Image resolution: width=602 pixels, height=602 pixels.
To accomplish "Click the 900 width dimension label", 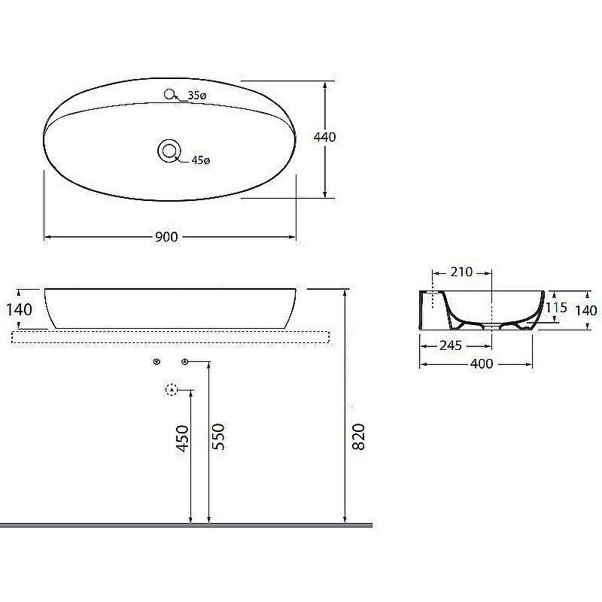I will coord(166,237).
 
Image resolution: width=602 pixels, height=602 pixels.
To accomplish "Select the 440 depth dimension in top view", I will coord(325,137).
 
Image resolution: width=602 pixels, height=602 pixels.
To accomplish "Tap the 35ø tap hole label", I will coord(197,96).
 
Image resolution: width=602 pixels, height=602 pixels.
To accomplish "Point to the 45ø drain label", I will coord(201,160).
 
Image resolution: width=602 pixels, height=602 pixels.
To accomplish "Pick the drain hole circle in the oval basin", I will coord(169,150).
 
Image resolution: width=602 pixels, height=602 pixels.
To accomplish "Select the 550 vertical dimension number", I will coord(218,436).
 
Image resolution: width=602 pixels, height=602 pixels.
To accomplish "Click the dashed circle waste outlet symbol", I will coord(171,390).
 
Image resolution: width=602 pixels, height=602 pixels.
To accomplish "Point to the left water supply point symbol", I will coord(157,363).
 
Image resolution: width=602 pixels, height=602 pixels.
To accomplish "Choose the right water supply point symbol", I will coord(184,363).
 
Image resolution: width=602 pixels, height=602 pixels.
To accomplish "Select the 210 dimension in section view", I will coord(462,271).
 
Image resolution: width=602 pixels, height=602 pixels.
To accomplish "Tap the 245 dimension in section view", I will coord(451,346).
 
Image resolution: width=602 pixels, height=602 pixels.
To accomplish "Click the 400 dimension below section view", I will coord(481,364).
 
